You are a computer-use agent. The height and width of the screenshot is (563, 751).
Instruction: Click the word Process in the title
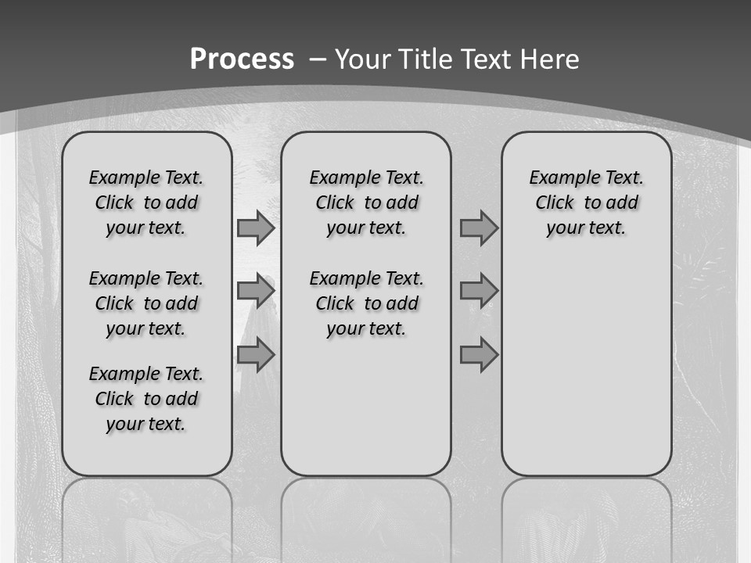pos(242,59)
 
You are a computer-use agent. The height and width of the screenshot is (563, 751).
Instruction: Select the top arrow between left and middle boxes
pos(256,228)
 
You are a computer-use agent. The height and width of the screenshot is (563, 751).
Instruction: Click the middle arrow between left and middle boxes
pos(256,291)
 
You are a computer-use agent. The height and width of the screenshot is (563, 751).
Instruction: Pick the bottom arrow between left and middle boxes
pos(256,355)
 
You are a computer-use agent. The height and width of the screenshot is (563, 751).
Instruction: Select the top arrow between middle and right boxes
pos(479,228)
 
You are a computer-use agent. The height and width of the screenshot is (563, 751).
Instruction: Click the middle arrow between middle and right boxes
pos(479,291)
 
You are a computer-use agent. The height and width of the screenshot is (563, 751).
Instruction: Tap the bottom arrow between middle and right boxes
pos(479,355)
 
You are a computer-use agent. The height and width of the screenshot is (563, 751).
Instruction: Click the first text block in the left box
pos(146,203)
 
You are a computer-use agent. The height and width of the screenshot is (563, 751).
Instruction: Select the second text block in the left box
pos(146,303)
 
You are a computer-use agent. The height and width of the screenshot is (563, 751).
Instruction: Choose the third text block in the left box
pos(146,399)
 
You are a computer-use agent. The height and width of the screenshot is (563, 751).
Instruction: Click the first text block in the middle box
pos(366,203)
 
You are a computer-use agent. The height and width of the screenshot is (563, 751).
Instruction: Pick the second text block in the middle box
pos(366,303)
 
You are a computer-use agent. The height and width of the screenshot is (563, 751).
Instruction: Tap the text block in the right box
pos(587,203)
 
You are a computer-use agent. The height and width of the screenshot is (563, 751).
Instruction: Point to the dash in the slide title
pos(318,59)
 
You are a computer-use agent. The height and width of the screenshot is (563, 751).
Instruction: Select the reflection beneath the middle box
pos(366,516)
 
